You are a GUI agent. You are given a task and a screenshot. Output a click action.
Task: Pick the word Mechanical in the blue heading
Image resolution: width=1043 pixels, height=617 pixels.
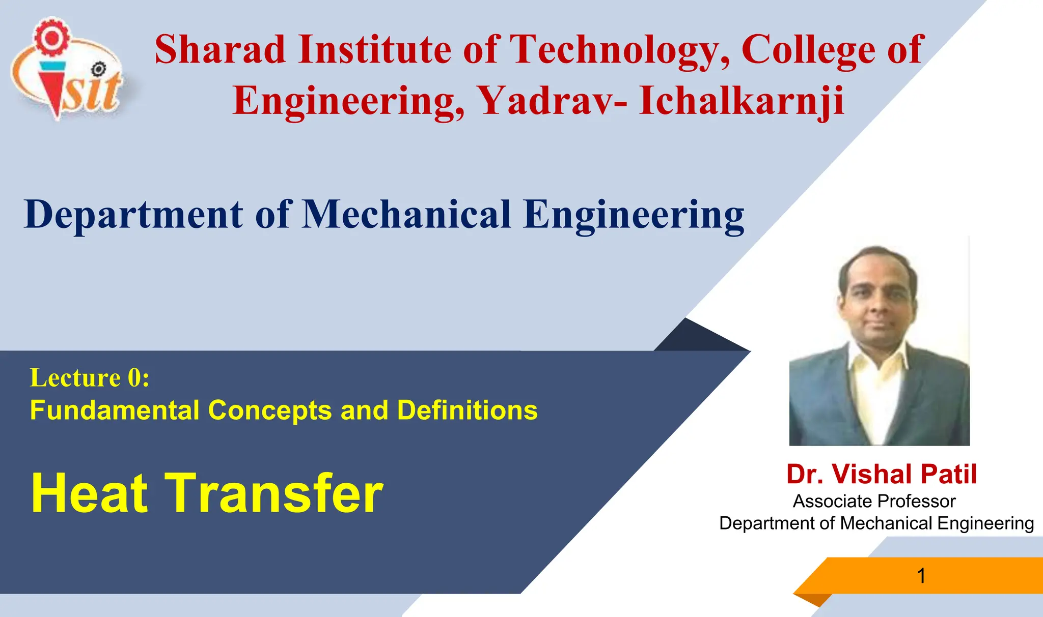(406, 214)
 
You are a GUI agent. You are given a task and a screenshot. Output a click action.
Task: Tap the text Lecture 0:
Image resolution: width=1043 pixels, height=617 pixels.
(90, 378)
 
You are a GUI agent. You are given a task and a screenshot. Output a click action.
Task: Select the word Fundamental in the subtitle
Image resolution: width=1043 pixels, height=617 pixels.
(115, 410)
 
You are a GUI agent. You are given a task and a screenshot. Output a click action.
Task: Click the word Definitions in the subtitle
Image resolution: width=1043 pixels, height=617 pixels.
(467, 410)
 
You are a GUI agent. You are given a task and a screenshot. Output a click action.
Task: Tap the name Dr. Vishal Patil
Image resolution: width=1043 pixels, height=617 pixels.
(881, 474)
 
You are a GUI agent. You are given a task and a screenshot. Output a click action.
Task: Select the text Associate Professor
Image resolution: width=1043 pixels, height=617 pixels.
(874, 502)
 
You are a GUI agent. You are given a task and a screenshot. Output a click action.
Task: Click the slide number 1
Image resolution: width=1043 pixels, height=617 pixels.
(921, 576)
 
